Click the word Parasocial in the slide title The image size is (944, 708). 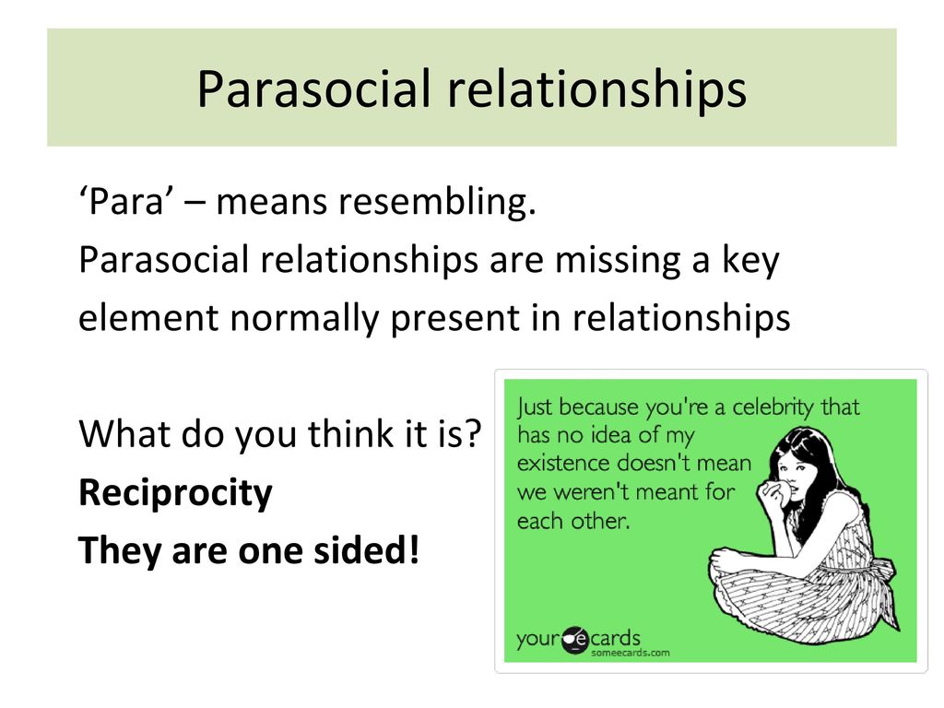(x=314, y=88)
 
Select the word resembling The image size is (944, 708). (x=436, y=203)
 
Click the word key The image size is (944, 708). (x=750, y=261)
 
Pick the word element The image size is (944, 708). (x=148, y=318)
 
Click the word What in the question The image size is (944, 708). (x=125, y=433)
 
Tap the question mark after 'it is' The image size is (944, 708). (x=474, y=433)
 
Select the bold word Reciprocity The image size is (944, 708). (x=175, y=494)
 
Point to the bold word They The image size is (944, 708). (x=121, y=551)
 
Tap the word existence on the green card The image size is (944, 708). (x=565, y=463)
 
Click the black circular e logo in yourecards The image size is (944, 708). (x=574, y=640)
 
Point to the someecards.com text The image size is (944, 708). (x=630, y=654)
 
